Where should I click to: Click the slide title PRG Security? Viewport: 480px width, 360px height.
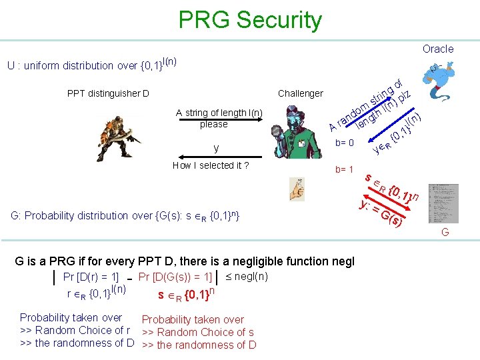[250, 20]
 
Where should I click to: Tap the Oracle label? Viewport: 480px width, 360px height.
[437, 49]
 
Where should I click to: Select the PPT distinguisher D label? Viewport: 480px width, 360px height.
[108, 93]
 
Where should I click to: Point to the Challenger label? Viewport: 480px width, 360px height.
[300, 93]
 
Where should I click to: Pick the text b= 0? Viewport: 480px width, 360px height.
[344, 143]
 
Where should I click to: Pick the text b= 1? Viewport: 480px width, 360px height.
[344, 169]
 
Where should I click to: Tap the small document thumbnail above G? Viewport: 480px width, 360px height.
[443, 203]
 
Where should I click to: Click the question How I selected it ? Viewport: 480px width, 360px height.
[210, 165]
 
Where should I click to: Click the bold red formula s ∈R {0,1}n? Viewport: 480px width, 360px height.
[186, 293]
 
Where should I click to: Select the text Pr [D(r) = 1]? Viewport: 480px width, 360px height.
[90, 277]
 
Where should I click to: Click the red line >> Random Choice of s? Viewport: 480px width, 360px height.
[198, 332]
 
